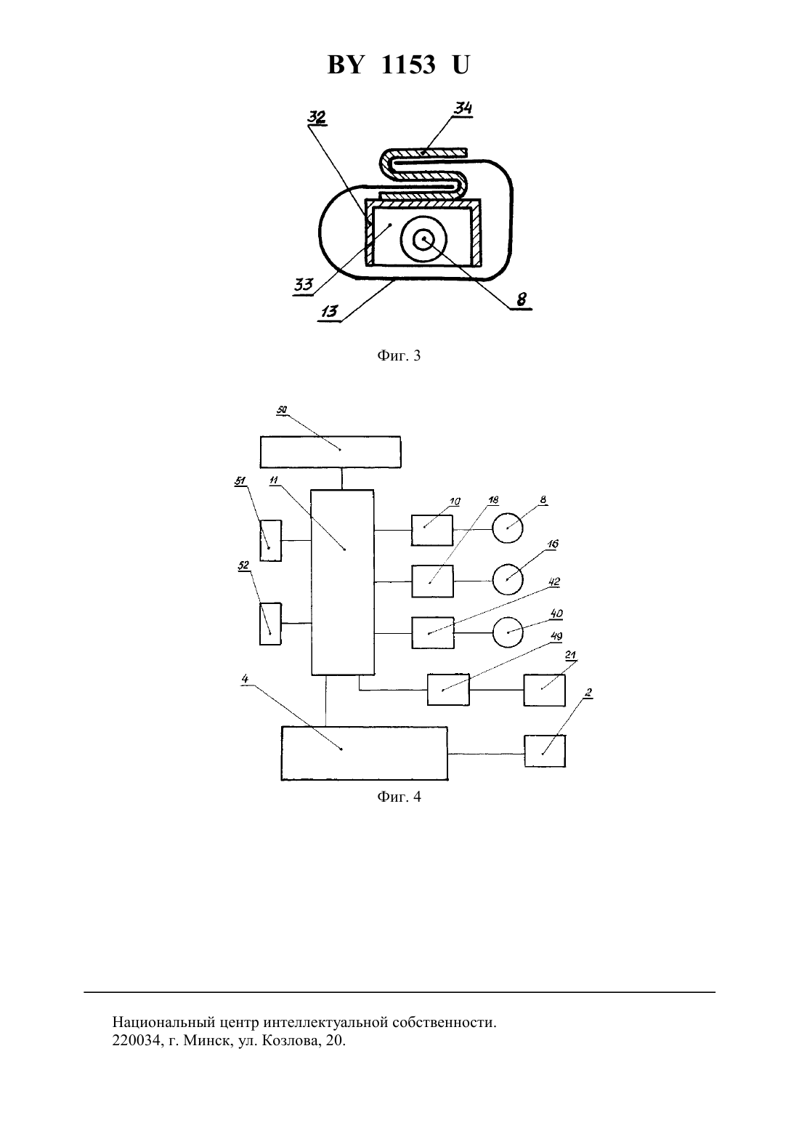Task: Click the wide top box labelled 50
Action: [330, 452]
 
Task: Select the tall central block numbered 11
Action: [343, 582]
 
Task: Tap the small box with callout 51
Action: [271, 540]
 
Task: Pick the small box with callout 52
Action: [270, 624]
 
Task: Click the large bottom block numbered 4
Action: [364, 753]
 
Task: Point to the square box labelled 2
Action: [545, 752]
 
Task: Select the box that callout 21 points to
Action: [544, 691]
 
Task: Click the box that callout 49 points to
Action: [448, 689]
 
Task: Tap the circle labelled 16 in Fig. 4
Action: [508, 579]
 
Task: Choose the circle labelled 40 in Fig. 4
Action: [508, 632]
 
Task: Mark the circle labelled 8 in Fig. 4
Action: [508, 528]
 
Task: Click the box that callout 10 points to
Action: [431, 530]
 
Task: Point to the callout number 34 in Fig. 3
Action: [463, 108]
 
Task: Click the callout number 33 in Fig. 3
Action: [304, 285]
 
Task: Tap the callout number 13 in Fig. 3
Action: [329, 311]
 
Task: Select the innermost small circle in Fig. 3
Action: [424, 239]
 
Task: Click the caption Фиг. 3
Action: [399, 355]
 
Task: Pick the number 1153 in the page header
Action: [408, 65]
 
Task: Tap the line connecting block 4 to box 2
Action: [486, 754]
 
